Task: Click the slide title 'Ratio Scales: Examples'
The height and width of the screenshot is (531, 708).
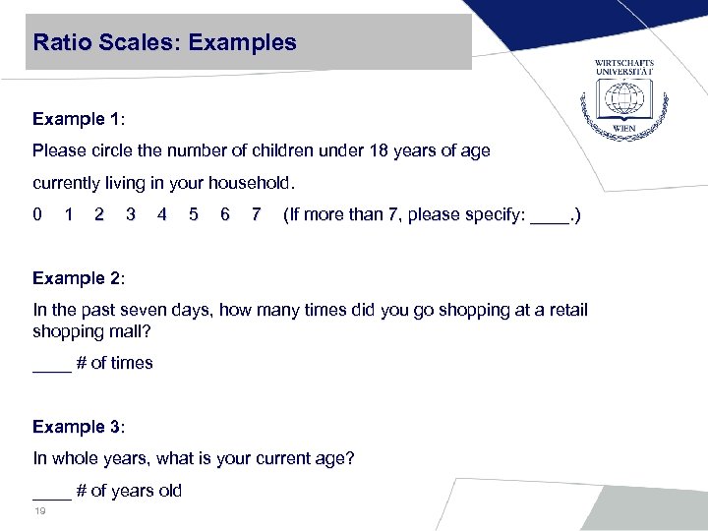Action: tap(164, 42)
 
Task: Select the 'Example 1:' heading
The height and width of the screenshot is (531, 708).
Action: tap(78, 119)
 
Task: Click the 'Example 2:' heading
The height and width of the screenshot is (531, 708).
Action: tap(78, 278)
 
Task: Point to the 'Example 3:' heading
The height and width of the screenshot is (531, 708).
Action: tap(78, 427)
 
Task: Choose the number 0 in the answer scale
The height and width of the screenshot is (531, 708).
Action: tap(37, 214)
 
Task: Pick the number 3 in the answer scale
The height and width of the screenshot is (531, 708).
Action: tap(131, 214)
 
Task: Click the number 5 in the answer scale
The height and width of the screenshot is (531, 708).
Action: tap(194, 214)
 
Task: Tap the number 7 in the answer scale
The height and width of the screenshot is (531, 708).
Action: tap(256, 214)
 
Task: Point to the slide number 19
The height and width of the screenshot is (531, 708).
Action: tap(40, 512)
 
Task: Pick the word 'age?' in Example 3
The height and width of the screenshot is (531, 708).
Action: tap(335, 458)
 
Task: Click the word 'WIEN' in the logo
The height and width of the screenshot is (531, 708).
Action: tap(623, 129)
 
